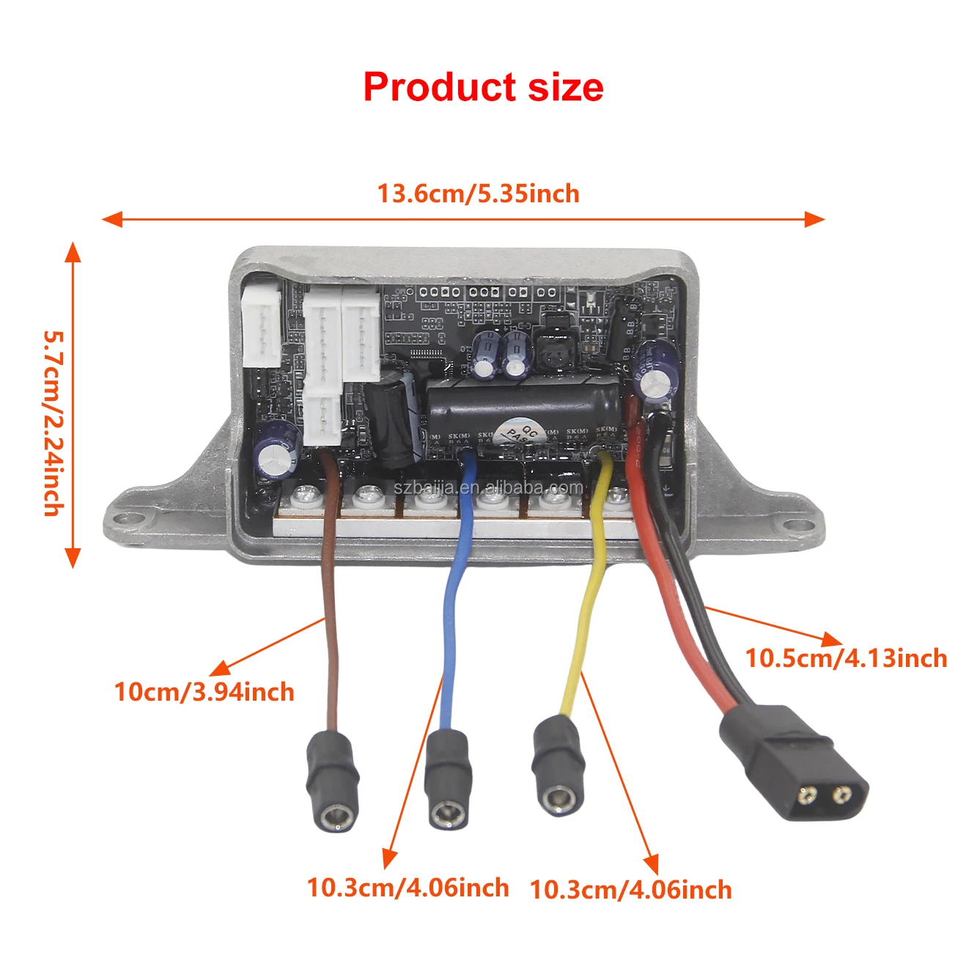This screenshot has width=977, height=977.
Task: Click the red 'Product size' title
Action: [483, 87]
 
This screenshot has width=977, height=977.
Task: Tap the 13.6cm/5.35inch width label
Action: [478, 193]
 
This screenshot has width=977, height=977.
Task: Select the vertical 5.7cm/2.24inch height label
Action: [54, 423]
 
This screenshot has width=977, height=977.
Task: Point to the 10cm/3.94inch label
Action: [204, 692]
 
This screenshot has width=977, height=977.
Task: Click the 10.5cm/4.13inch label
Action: [846, 657]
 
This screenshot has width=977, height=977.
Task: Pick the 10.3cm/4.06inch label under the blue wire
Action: [408, 888]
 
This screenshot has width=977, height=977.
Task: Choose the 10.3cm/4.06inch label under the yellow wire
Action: [630, 890]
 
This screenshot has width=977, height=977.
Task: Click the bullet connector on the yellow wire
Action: [558, 766]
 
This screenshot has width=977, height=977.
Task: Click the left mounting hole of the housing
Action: [133, 518]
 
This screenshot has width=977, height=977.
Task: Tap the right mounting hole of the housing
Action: [796, 525]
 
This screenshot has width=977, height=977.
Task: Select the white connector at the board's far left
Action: [260, 325]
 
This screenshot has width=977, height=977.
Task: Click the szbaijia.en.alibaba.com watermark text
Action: [488, 487]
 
